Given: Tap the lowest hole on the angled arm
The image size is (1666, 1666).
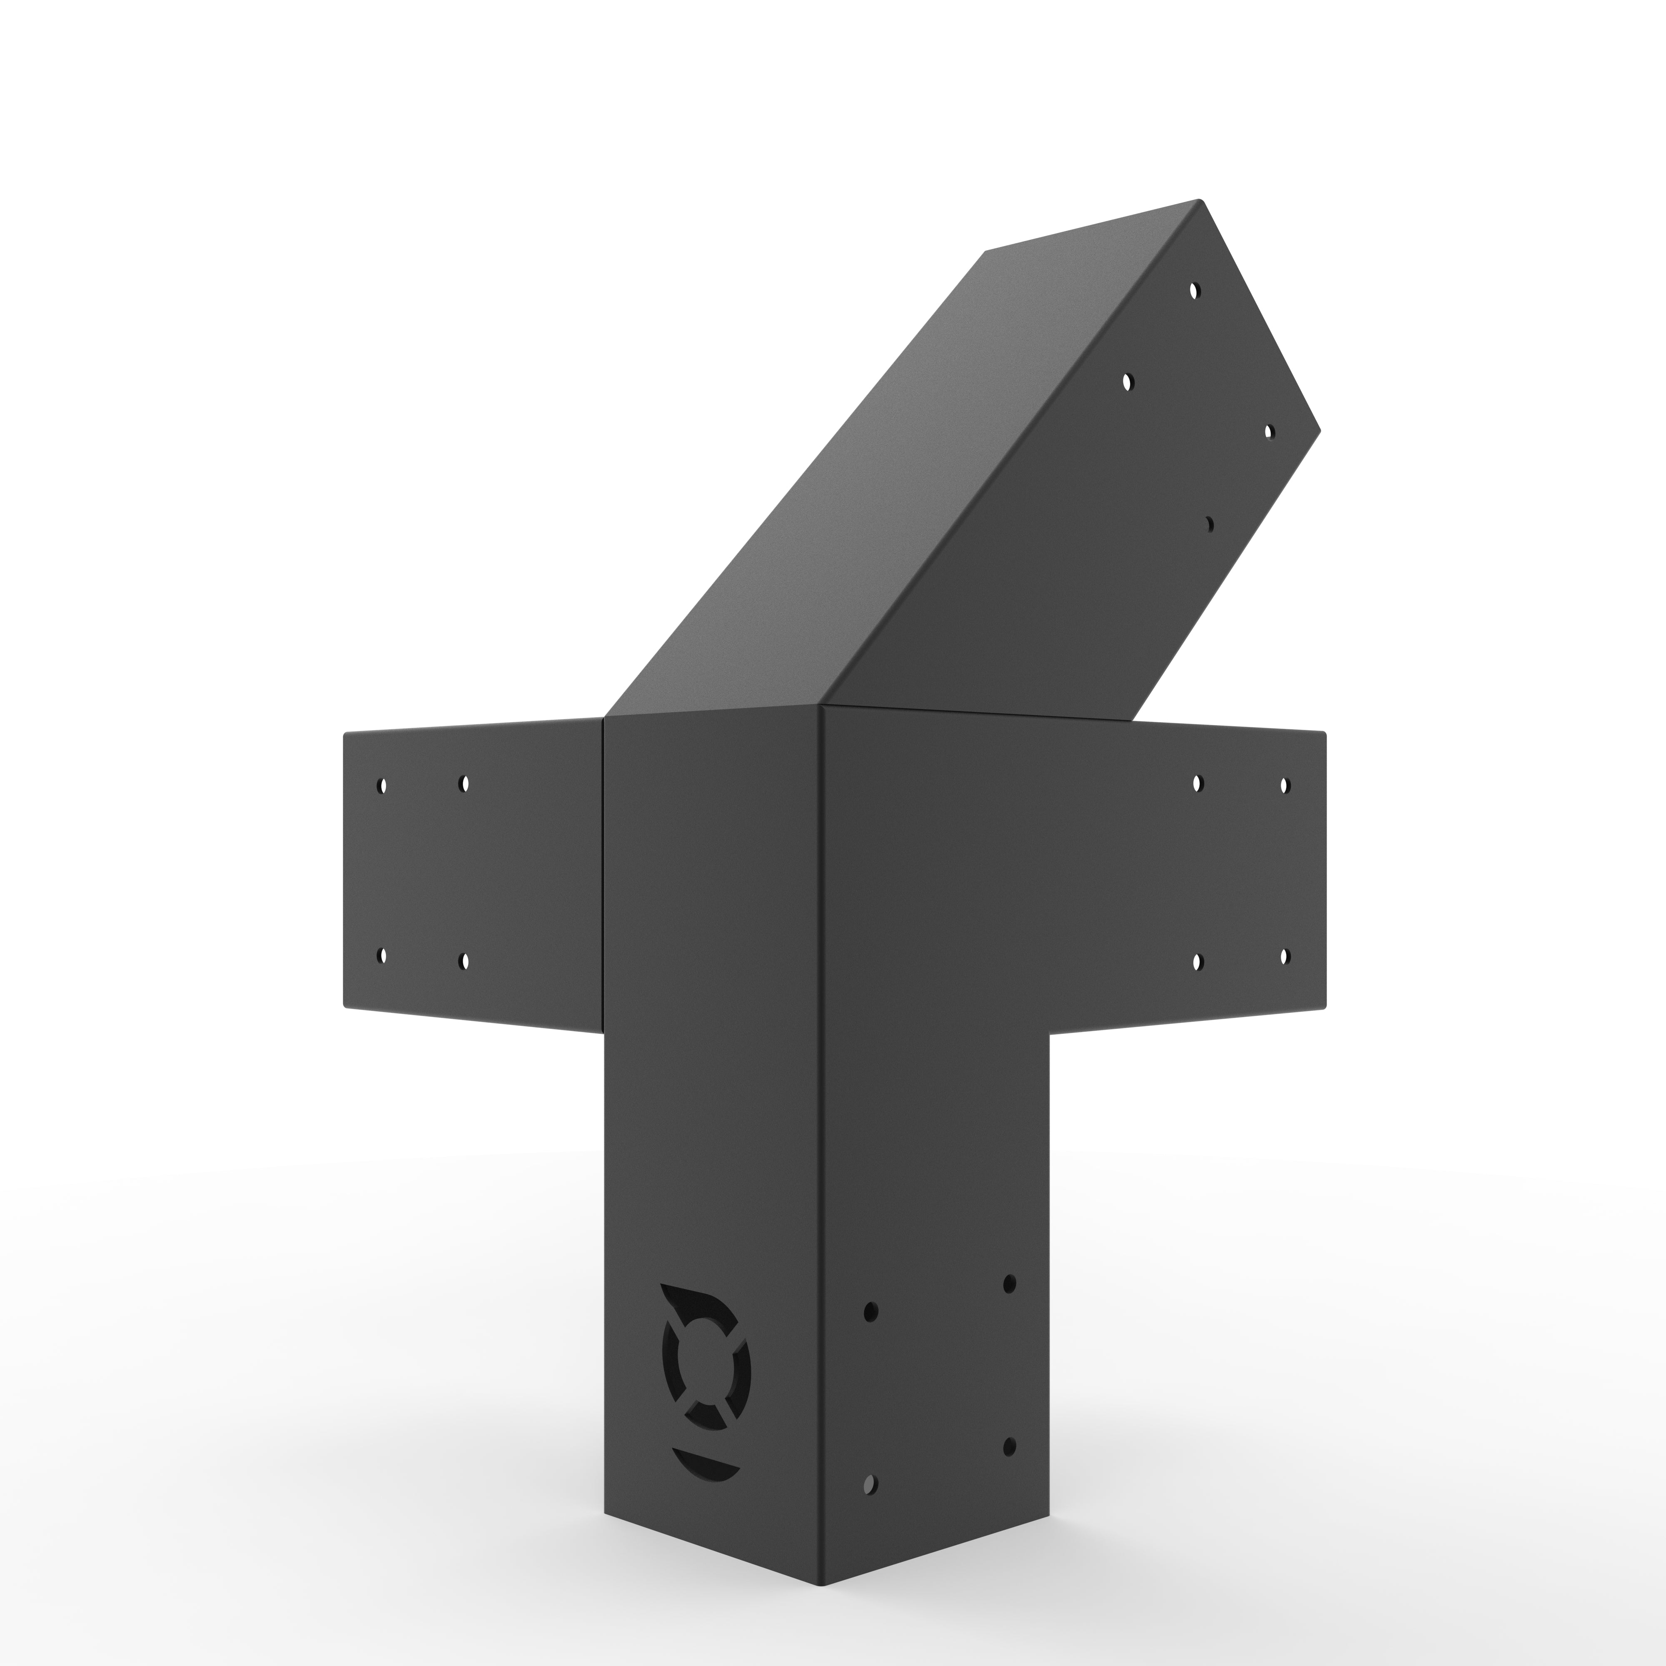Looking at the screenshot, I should [1209, 523].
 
